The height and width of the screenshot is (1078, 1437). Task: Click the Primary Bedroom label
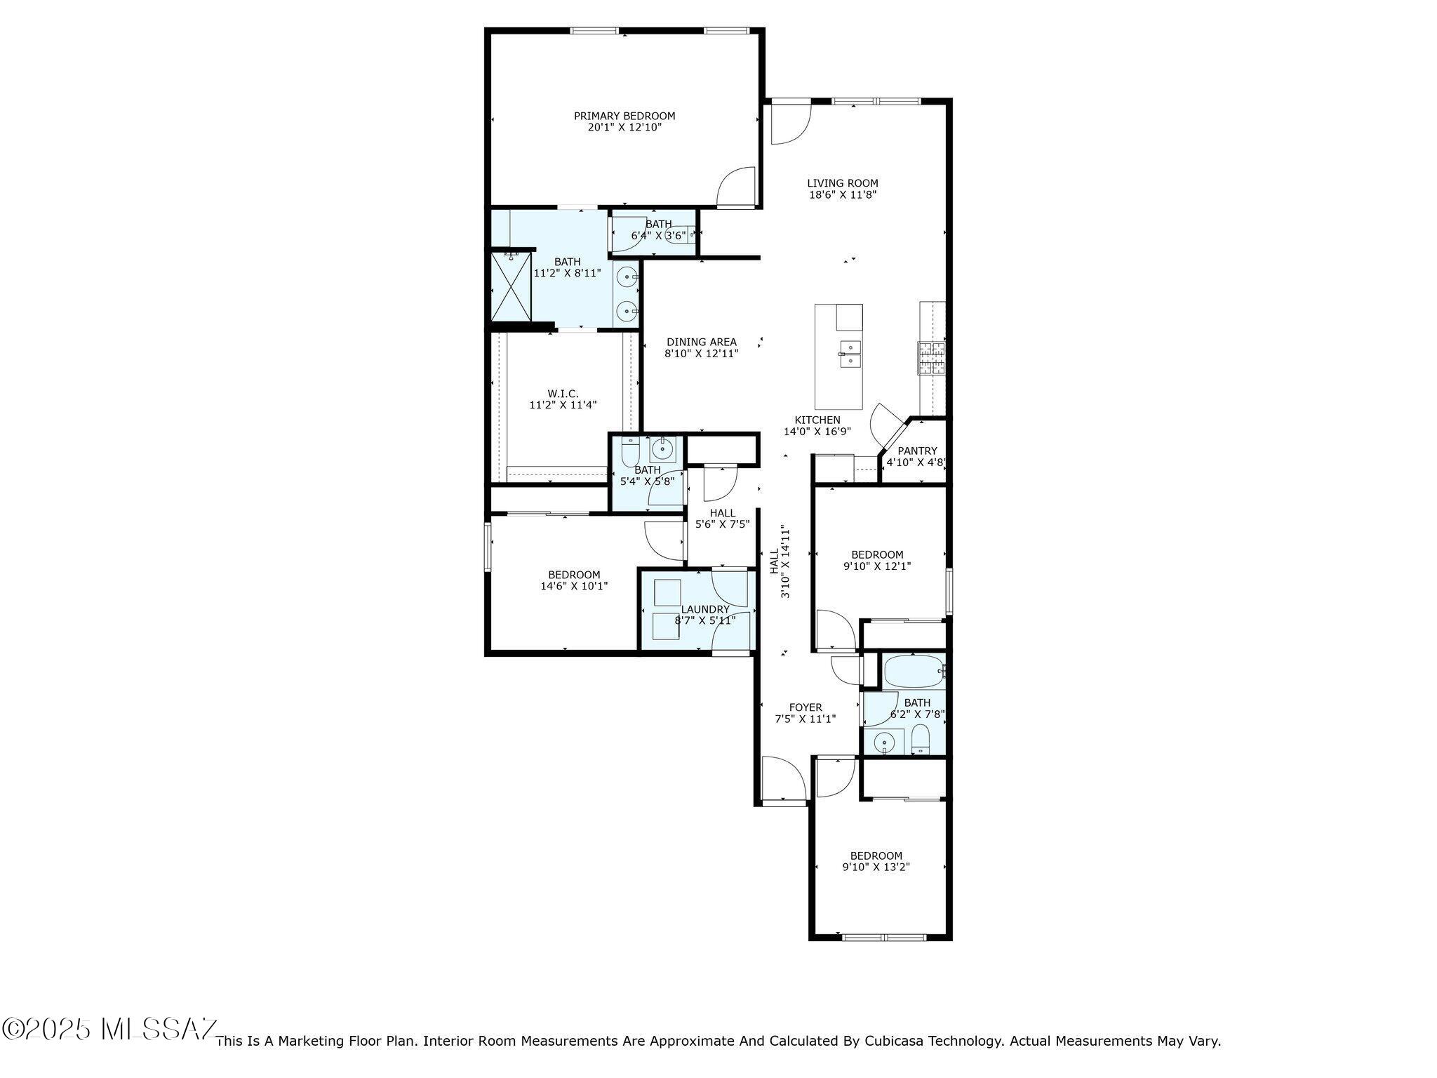coord(624,116)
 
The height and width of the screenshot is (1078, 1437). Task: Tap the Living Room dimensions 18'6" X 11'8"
coord(842,195)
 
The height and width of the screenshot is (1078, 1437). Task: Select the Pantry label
coord(917,451)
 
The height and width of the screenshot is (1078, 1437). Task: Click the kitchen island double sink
coord(850,354)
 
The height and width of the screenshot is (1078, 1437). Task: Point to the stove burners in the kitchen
coord(931,357)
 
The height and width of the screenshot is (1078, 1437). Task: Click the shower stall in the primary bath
coord(511,286)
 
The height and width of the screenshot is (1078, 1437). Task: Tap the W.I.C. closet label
coord(563,394)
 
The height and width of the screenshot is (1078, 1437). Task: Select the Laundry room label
coord(705,608)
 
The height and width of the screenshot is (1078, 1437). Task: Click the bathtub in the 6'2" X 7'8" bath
coord(914,672)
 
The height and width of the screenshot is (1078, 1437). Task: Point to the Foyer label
coord(805,707)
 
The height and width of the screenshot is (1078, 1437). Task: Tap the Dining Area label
coord(702,342)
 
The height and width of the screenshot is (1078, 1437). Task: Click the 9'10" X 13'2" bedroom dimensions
coord(876,867)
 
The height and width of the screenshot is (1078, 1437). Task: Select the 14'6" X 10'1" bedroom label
coord(574,575)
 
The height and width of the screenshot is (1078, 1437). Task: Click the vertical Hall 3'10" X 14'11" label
coord(780,561)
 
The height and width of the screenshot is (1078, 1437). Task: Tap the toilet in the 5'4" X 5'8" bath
coord(629,451)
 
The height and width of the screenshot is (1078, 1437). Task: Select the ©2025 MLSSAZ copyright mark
coord(109,1030)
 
